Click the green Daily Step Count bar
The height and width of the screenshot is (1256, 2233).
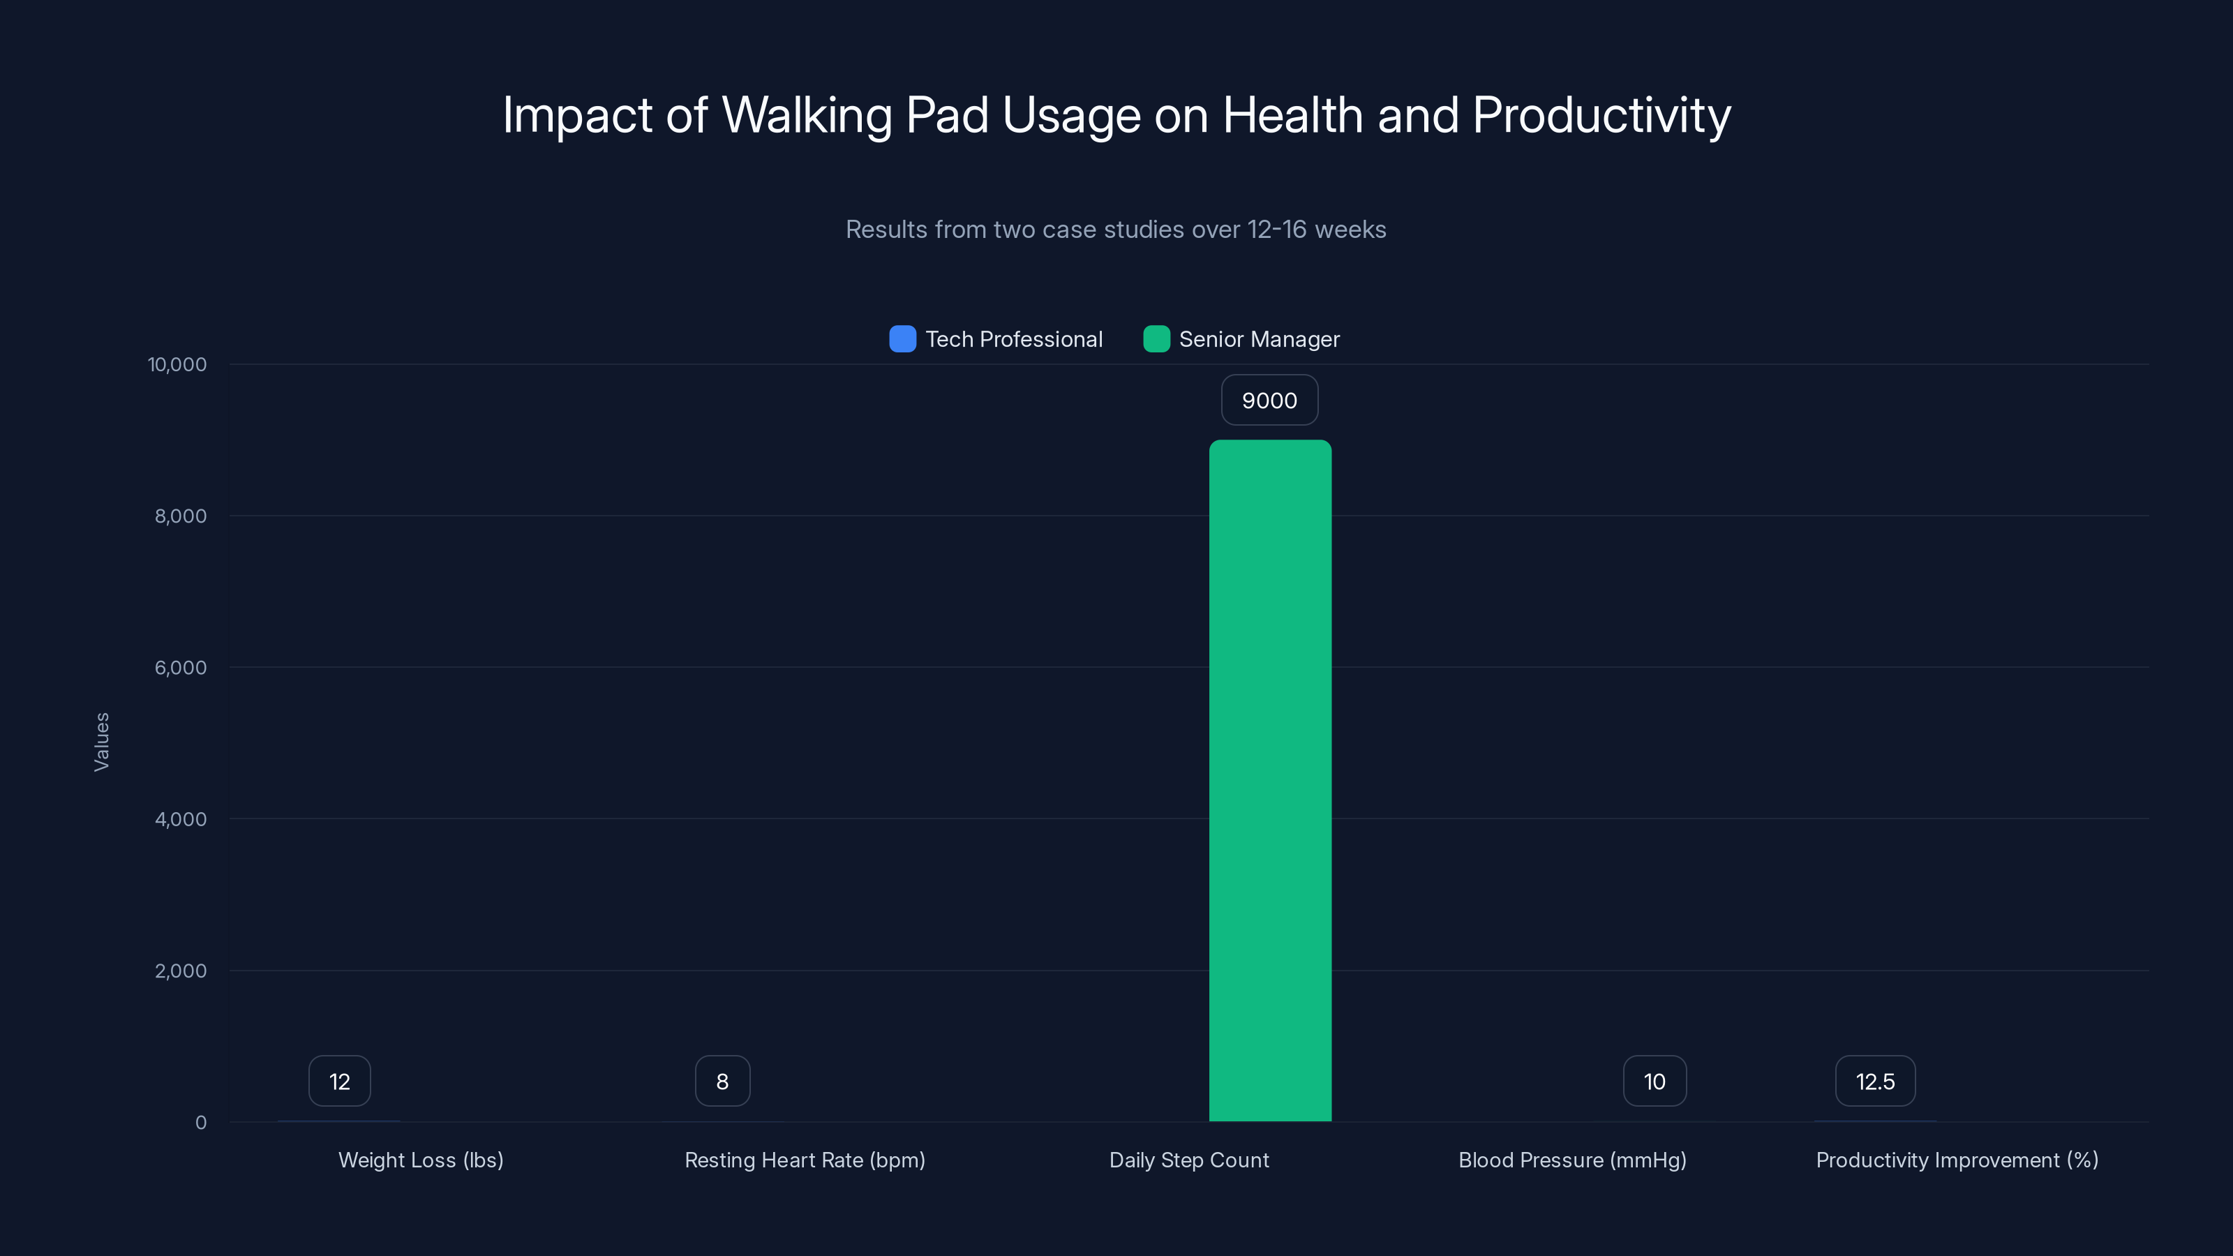pyautogui.click(x=1270, y=780)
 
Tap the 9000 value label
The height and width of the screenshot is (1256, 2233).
pyautogui.click(x=1269, y=401)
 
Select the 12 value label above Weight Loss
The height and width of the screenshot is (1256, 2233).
pyautogui.click(x=339, y=1081)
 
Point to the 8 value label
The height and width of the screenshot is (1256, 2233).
pyautogui.click(x=722, y=1081)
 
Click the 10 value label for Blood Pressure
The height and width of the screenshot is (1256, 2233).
pyautogui.click(x=1654, y=1081)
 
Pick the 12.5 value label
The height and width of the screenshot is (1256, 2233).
pyautogui.click(x=1875, y=1081)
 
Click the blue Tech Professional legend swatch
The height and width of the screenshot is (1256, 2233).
pyautogui.click(x=902, y=339)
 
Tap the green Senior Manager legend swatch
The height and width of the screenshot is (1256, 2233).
pyautogui.click(x=1156, y=339)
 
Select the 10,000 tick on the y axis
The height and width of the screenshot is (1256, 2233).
pyautogui.click(x=177, y=364)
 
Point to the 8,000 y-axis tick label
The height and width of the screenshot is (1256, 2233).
pyautogui.click(x=180, y=516)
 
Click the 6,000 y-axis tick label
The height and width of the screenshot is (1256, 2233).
pyautogui.click(x=180, y=668)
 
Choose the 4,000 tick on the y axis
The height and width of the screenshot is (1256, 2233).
pyautogui.click(x=180, y=819)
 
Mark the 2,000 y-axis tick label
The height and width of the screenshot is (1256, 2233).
pyautogui.click(x=180, y=971)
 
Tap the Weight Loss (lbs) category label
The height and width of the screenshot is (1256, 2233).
pyautogui.click(x=420, y=1160)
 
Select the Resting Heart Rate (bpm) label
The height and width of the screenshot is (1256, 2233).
pyautogui.click(x=805, y=1160)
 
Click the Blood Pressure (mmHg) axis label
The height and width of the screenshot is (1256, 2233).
pyautogui.click(x=1572, y=1160)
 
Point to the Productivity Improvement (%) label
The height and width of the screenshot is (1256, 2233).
pyautogui.click(x=1957, y=1160)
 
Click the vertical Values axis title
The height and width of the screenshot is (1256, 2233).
pyautogui.click(x=101, y=742)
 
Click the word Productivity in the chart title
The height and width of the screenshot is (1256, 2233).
pyautogui.click(x=1601, y=115)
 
